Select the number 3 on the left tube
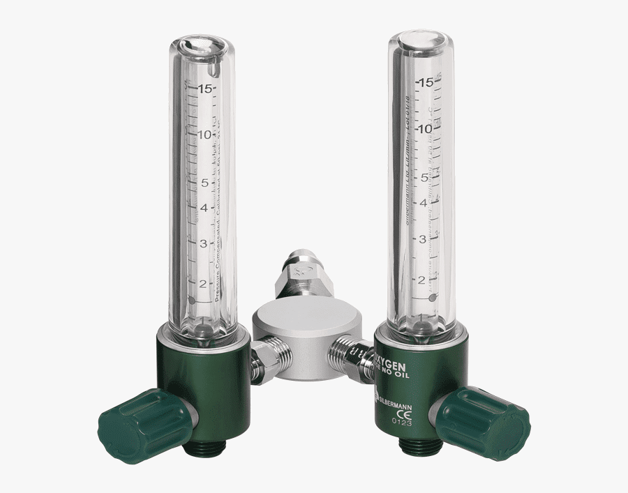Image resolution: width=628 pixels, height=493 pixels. (203, 243)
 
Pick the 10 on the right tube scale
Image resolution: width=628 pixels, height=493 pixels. (426, 128)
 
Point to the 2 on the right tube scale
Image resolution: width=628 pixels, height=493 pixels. (421, 280)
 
